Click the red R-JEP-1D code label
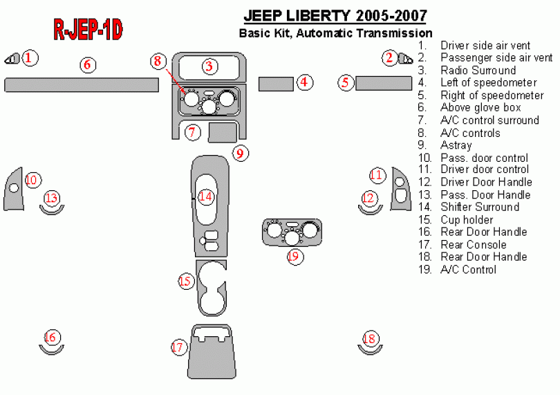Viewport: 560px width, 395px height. pyautogui.click(x=88, y=29)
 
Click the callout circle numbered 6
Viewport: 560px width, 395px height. pyautogui.click(x=87, y=65)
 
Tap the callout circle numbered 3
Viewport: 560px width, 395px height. pyautogui.click(x=209, y=66)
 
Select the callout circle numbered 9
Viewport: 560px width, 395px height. pyautogui.click(x=239, y=153)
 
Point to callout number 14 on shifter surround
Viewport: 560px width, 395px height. pyautogui.click(x=205, y=196)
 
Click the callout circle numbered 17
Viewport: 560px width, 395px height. pyautogui.click(x=179, y=347)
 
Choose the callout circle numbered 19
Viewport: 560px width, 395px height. pyautogui.click(x=295, y=257)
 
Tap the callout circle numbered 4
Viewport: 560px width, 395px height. pyautogui.click(x=304, y=83)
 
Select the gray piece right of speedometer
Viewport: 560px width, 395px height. pyautogui.click(x=384, y=84)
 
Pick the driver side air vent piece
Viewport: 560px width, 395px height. pyautogui.click(x=12, y=59)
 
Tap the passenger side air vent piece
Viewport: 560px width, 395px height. pyautogui.click(x=406, y=59)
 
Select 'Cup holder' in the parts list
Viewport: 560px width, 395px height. pyautogui.click(x=467, y=220)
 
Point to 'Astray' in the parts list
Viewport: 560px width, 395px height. pyautogui.click(x=456, y=145)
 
